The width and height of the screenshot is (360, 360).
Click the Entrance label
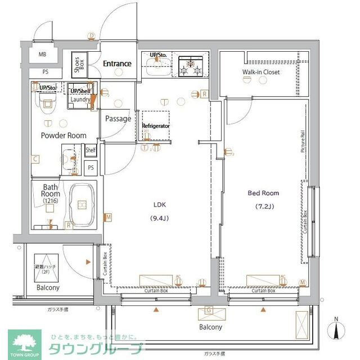click(117, 64)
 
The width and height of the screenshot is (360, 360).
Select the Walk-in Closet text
click(260, 72)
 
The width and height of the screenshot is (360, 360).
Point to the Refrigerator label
click(156, 126)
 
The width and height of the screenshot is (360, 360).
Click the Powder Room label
click(63, 136)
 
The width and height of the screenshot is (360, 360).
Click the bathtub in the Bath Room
click(82, 205)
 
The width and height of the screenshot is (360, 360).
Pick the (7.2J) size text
click(263, 206)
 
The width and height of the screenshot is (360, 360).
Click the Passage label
click(118, 119)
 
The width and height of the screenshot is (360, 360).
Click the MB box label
click(42, 55)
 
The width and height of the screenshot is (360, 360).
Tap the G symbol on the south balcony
click(209, 310)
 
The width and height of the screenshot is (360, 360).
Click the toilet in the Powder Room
click(47, 103)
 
